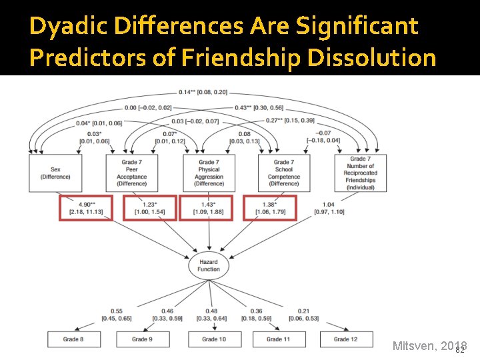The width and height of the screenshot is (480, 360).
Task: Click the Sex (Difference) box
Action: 55,173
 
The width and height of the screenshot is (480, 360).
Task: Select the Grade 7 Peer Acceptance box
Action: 131,173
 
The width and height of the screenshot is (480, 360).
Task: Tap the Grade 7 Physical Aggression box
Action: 209,173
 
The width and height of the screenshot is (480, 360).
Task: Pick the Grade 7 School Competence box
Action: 285,173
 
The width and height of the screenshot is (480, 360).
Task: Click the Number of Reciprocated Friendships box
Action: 361,173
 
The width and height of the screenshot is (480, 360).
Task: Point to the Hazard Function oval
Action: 209,265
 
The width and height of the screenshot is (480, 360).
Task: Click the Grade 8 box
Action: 73,339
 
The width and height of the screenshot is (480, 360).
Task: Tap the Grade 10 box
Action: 214,339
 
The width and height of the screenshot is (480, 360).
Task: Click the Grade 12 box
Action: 346,339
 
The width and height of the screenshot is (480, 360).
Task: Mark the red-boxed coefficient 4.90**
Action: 85,208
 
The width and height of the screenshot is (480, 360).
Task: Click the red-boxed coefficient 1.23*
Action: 149,208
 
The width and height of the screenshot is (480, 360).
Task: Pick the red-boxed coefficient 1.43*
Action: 209,208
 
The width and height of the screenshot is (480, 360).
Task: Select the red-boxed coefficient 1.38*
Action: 270,208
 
